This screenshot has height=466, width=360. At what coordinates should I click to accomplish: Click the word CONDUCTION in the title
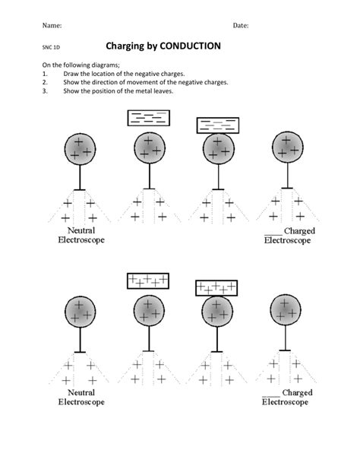pyautogui.click(x=190, y=46)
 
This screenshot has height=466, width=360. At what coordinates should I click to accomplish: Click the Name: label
pyautogui.click(x=52, y=25)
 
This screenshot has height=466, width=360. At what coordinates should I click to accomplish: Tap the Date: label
pyautogui.click(x=241, y=26)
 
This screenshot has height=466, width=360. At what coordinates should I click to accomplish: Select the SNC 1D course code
pyautogui.click(x=51, y=47)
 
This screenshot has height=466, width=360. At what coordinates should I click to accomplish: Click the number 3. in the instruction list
pyautogui.click(x=45, y=91)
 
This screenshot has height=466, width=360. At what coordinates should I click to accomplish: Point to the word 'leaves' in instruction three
pyautogui.click(x=165, y=91)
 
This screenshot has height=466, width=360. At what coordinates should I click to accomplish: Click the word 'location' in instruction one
pyautogui.click(x=103, y=74)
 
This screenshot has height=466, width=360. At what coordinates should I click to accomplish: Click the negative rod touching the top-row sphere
pyautogui.click(x=218, y=125)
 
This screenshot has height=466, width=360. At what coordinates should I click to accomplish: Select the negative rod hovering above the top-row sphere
pyautogui.click(x=149, y=118)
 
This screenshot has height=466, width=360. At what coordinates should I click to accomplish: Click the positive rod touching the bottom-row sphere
pyautogui.click(x=216, y=288)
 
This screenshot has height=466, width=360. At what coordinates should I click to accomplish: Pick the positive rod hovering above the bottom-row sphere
pyautogui.click(x=148, y=281)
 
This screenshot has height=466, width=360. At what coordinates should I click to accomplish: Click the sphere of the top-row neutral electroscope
pyautogui.click(x=80, y=149)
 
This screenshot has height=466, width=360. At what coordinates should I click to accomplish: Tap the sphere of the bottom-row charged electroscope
pyautogui.click(x=286, y=310)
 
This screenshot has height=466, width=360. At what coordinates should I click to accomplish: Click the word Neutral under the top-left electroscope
pyautogui.click(x=81, y=230)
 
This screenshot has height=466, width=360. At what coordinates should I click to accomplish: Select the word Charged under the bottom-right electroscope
pyautogui.click(x=297, y=392)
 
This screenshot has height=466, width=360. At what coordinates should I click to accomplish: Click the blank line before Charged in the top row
pyautogui.click(x=273, y=235)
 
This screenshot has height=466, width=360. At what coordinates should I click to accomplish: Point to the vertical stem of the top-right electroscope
pyautogui.click(x=287, y=175)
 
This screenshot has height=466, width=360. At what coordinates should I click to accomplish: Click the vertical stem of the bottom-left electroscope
pyautogui.click(x=80, y=340)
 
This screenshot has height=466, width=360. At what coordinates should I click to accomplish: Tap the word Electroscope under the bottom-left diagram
pyautogui.click(x=81, y=402)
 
